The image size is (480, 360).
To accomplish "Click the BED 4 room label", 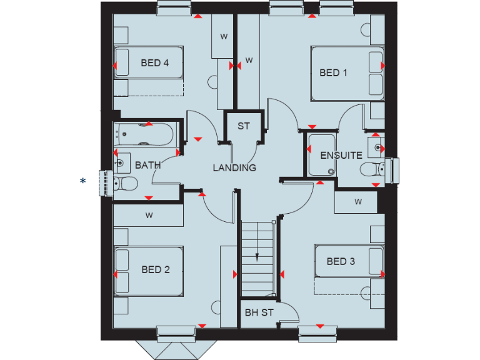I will pos(154,63).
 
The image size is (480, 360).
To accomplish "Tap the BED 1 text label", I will pos(333,73).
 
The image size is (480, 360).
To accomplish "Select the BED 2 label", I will pos(156,270).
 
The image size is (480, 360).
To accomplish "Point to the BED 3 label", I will pos(341,261).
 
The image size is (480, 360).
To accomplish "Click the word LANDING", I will pos(234,167).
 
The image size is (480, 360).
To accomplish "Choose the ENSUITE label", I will pos(341,155).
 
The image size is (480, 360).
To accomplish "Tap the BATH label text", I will pos(148,166).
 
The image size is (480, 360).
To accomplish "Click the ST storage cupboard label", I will pos(243,126).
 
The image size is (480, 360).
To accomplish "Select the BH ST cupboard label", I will pos(259,312).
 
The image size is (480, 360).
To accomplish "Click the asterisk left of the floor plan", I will pos(82,181).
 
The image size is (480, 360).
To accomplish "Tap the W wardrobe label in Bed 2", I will pos(149,216).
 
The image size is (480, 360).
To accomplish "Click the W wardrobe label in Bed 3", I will pos(358,202).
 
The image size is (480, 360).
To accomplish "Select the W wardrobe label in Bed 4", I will pos(223,36).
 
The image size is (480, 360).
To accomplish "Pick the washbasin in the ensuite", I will pos(377,146).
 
